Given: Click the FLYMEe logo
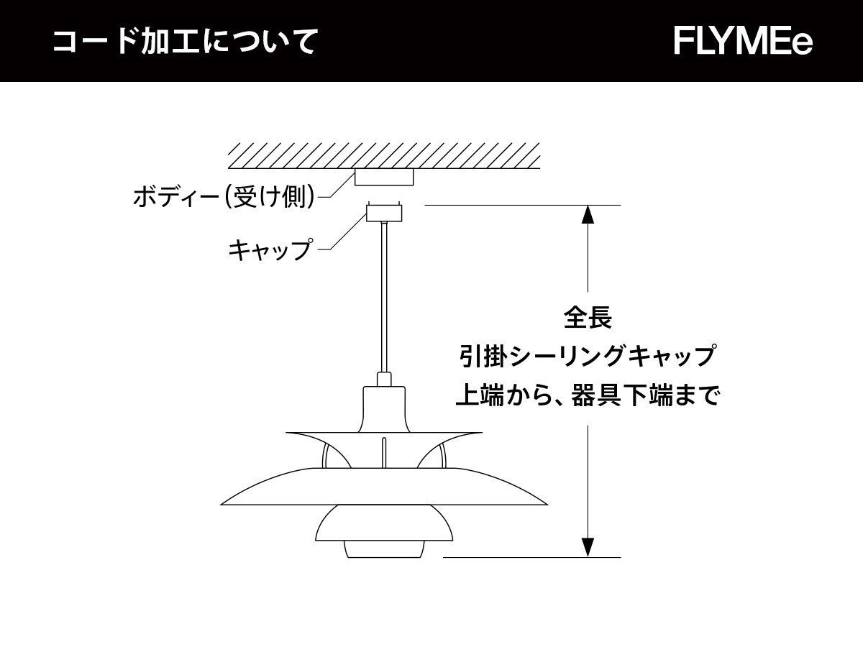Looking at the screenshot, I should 743,41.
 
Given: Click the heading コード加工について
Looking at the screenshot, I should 186,42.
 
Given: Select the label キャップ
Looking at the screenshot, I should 270,249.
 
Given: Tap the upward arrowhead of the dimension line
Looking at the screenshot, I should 588,216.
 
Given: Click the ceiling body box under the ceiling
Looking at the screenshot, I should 385,177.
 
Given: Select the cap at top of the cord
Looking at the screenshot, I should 384,213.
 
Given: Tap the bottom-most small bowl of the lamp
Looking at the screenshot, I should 384,548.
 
